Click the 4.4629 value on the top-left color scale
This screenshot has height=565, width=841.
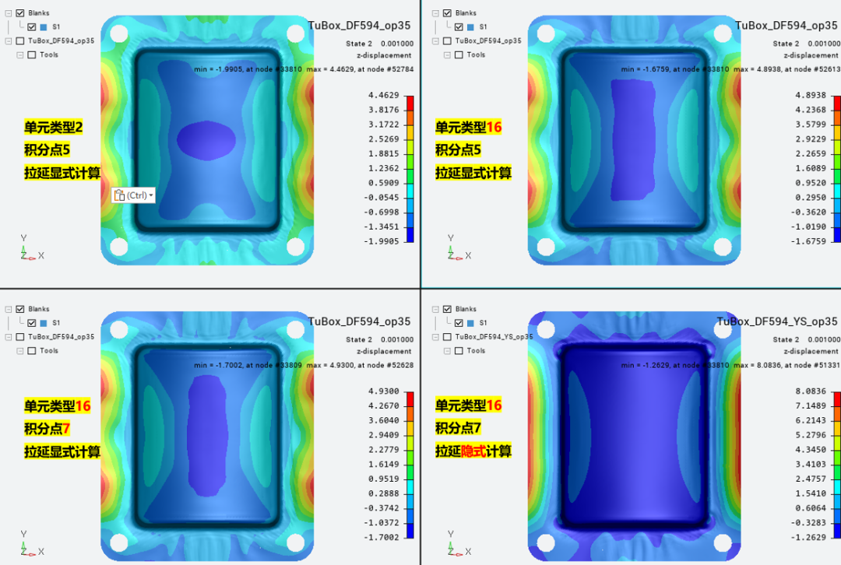[x=383, y=96]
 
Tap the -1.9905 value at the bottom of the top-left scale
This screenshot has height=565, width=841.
[x=382, y=241]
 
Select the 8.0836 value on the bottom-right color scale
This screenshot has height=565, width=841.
[x=811, y=391]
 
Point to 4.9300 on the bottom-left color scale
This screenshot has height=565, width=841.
[x=383, y=391]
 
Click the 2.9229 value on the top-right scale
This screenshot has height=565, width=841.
[x=811, y=139]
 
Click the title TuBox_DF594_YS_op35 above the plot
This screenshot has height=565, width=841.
[x=776, y=321]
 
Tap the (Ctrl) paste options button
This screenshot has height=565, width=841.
[x=134, y=195]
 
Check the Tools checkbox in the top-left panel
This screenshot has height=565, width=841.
[x=32, y=54]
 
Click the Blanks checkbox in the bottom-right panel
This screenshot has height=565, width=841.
[x=447, y=309]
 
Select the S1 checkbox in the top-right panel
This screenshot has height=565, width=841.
[x=459, y=26]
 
